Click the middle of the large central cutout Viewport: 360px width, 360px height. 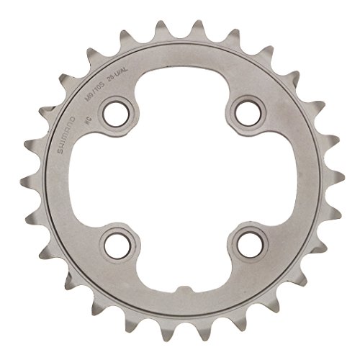coord(180,180)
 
